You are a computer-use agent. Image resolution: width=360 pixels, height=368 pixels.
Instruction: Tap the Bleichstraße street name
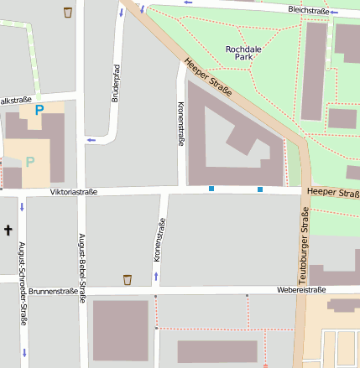click(x=307, y=10)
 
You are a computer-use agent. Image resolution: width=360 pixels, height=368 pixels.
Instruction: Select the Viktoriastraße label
click(x=74, y=192)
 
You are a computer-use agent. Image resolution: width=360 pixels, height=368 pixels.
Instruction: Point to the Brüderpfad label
click(x=113, y=83)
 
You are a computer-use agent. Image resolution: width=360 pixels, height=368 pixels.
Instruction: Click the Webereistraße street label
click(x=300, y=290)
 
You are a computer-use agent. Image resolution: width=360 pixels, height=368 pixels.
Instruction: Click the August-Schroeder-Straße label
click(x=22, y=272)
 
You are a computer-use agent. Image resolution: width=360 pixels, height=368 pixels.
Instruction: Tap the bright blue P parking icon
click(x=39, y=110)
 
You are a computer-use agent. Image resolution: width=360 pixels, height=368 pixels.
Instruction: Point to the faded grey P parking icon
click(x=31, y=161)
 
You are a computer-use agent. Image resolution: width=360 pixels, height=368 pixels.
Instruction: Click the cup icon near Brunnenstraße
click(x=128, y=279)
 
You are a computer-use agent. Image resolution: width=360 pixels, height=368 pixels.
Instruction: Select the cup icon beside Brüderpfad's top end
click(x=67, y=13)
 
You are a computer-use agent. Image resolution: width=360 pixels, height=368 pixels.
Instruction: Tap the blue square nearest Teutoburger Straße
click(x=260, y=189)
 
